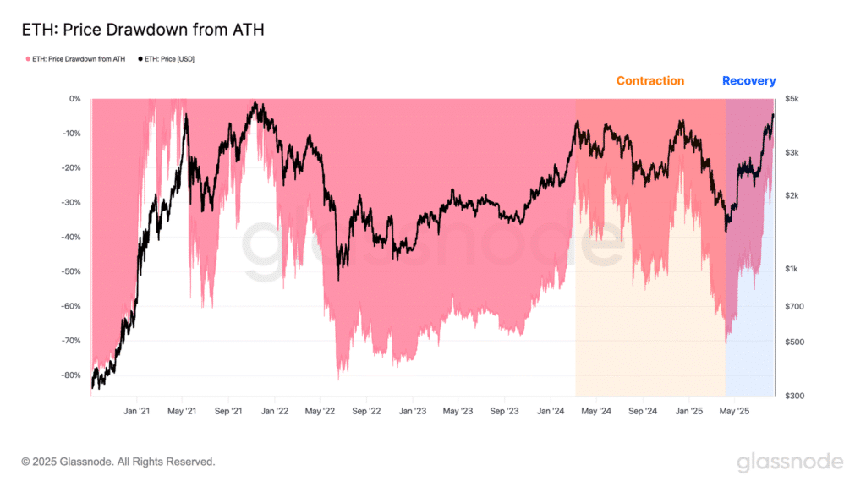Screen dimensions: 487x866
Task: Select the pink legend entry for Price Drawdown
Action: [x=76, y=59]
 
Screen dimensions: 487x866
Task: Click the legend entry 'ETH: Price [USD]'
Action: [x=168, y=59]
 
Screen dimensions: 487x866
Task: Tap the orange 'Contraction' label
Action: [x=649, y=81]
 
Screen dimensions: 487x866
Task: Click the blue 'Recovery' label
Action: [x=748, y=81]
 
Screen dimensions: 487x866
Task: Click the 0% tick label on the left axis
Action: [x=74, y=99]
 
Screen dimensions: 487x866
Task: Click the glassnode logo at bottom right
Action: [x=789, y=462]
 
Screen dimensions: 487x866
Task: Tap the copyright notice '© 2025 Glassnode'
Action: [x=118, y=462]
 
